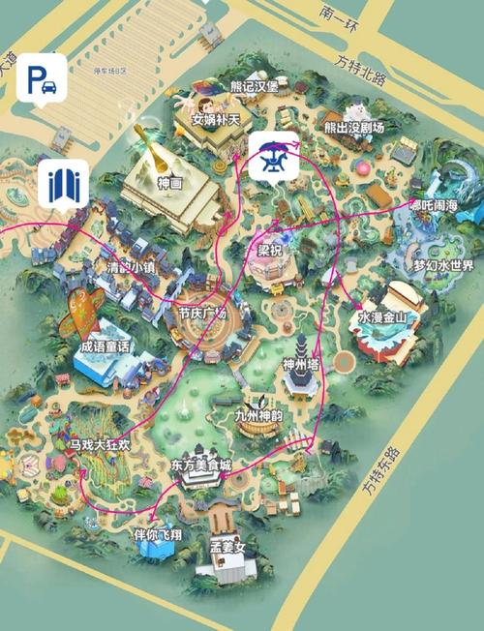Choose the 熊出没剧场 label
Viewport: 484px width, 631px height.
(354, 128)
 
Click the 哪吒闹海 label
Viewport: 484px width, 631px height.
(439, 205)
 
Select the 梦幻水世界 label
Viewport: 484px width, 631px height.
(444, 265)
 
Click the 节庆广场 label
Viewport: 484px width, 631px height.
(202, 314)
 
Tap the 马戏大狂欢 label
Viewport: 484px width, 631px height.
(100, 445)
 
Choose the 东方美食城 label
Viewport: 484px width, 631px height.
(201, 465)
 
